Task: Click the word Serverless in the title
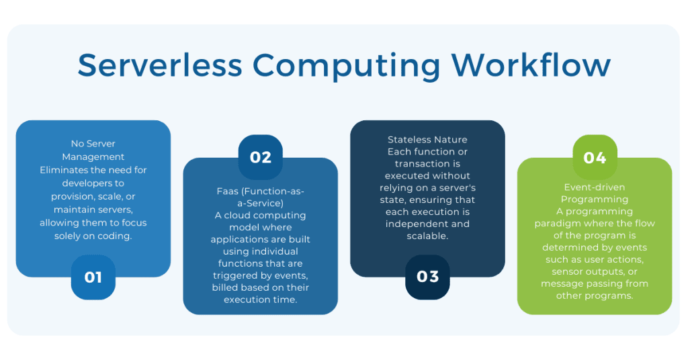160,65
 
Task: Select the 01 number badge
93,277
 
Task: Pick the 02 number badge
261,157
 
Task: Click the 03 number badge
427,277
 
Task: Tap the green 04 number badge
595,157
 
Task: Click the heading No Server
93,143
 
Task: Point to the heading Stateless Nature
427,140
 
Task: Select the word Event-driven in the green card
595,187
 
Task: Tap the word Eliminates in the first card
61,170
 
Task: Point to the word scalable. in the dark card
427,236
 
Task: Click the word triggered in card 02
234,275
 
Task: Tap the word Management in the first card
93,156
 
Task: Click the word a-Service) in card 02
261,203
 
